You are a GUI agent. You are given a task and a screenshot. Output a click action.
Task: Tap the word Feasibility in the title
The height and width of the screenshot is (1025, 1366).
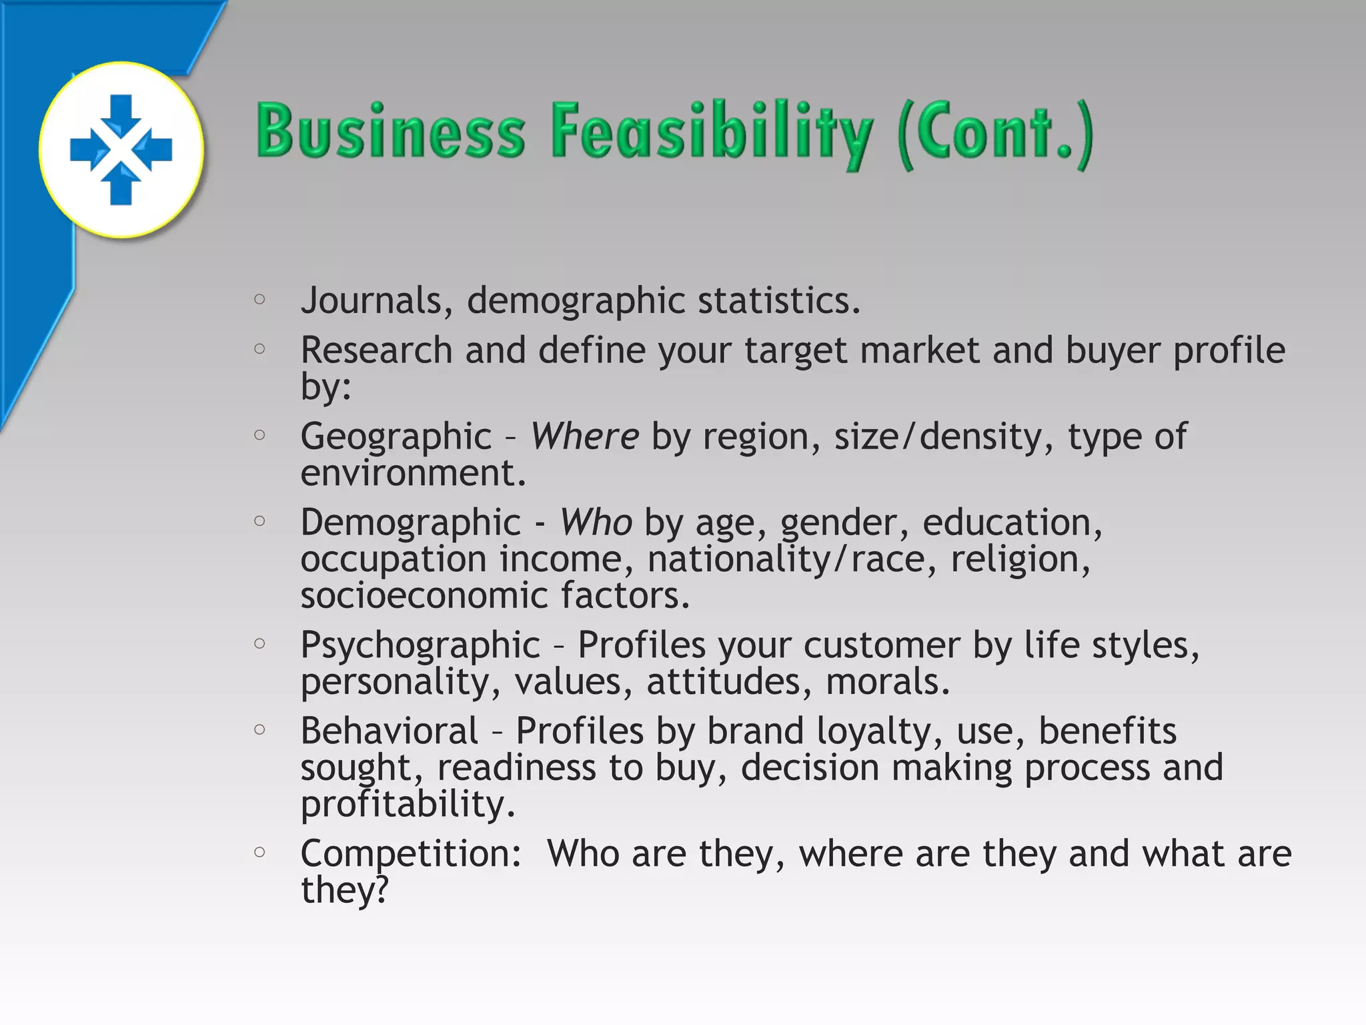click(x=711, y=132)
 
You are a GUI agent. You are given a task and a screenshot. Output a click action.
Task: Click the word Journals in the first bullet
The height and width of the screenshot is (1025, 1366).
click(x=372, y=300)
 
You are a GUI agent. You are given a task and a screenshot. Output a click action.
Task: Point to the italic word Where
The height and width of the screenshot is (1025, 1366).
click(x=585, y=436)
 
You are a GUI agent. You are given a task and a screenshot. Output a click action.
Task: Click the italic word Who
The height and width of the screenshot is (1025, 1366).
click(x=596, y=522)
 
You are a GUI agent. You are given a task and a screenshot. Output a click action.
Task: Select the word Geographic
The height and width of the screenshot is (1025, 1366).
click(x=396, y=437)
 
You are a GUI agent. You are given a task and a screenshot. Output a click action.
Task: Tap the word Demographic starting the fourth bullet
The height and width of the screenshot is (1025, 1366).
click(x=410, y=523)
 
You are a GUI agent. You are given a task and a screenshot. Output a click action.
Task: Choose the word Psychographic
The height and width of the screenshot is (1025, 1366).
click(x=420, y=645)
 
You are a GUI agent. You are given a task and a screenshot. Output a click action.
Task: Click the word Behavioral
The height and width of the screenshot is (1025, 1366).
click(x=390, y=731)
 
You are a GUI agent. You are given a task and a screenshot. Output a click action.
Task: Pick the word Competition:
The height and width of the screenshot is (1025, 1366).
click(x=411, y=853)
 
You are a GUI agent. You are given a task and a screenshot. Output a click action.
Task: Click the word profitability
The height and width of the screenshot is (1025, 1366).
click(x=408, y=805)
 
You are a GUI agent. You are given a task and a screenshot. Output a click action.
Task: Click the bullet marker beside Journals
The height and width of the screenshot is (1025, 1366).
click(x=260, y=300)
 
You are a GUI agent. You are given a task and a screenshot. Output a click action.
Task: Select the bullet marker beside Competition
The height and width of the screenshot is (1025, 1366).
click(x=260, y=852)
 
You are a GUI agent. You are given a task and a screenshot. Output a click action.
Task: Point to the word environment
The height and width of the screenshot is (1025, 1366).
click(x=413, y=473)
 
